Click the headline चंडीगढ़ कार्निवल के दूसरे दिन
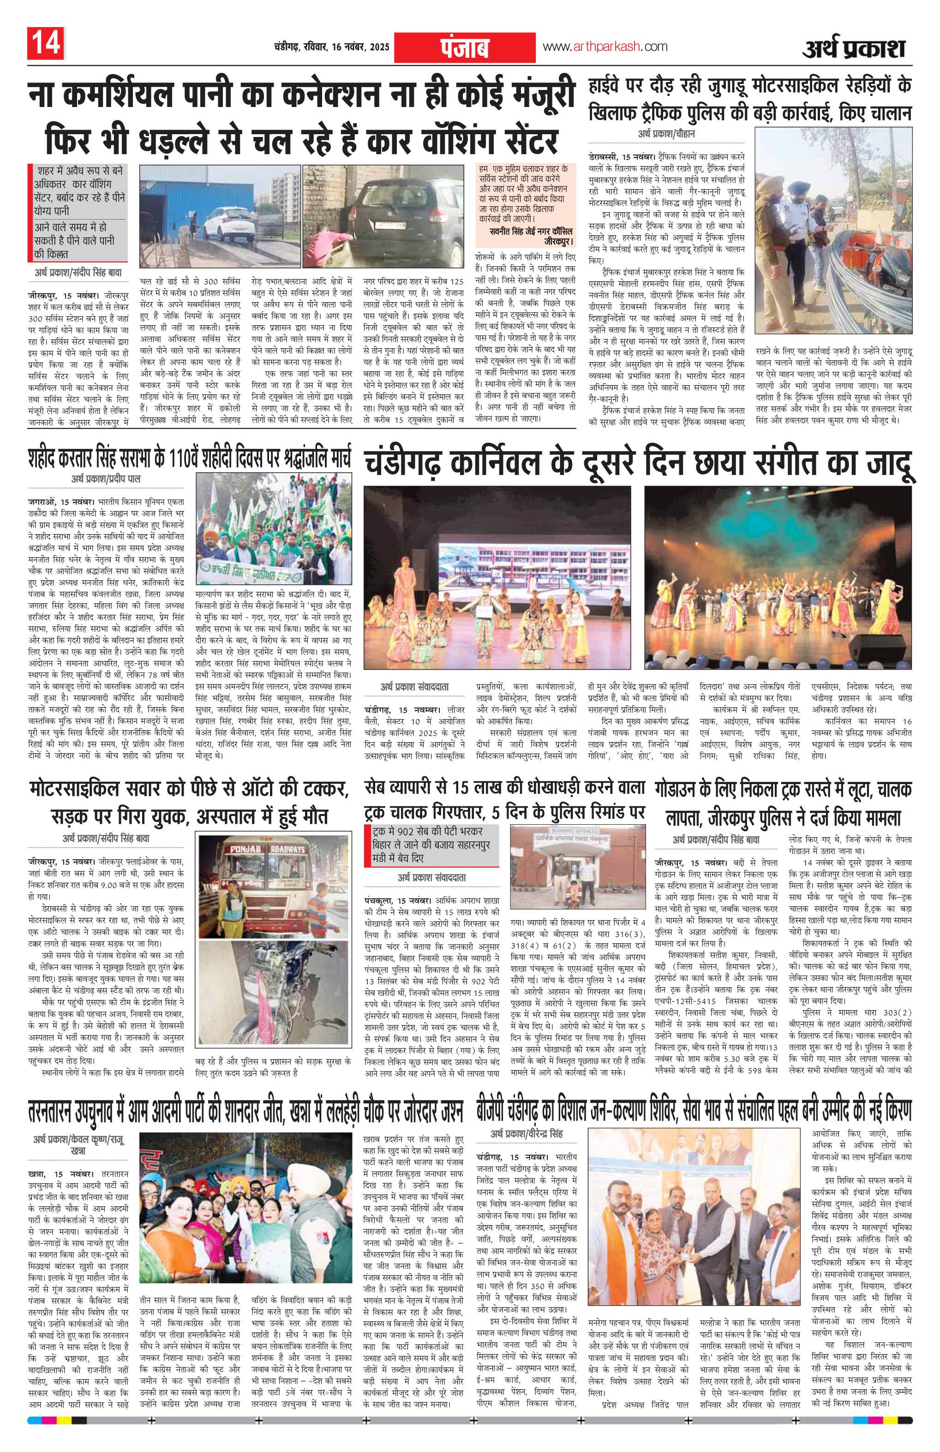(638, 465)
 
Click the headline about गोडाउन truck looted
(783, 803)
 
